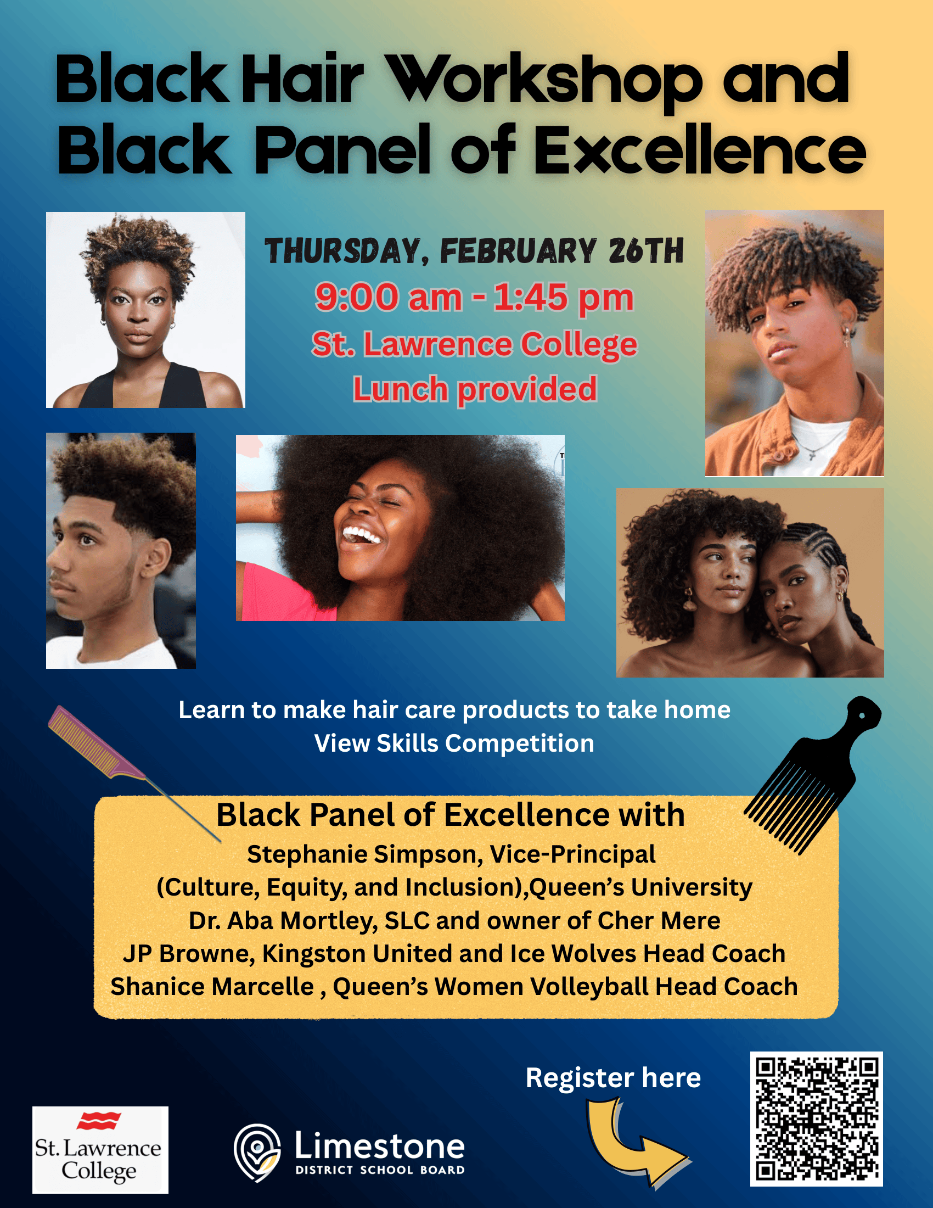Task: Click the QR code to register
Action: [x=816, y=1118]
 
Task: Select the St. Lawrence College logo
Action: [x=100, y=1149]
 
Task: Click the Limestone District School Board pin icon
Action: [x=257, y=1153]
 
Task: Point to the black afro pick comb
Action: [x=812, y=774]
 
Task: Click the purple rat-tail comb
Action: [x=133, y=772]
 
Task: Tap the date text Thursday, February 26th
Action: [x=474, y=251]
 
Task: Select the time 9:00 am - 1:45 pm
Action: [x=474, y=298]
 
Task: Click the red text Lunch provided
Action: [x=475, y=389]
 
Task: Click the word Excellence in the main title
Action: [x=700, y=149]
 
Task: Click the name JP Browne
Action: [x=188, y=954]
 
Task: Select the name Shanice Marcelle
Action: [x=212, y=987]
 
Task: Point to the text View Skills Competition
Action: [x=454, y=743]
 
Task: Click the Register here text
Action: [x=613, y=1077]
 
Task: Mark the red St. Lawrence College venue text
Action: [x=474, y=345]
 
